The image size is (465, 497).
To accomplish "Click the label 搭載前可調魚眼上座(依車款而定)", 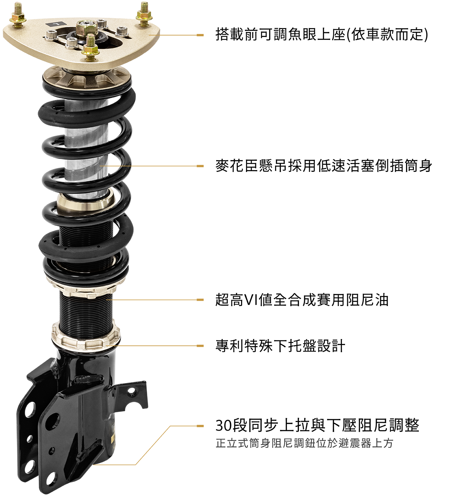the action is pos(322,34).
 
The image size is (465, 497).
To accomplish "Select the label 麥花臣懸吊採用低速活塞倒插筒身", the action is pos(324,166).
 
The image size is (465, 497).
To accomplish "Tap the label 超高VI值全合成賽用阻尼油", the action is pos(302,300).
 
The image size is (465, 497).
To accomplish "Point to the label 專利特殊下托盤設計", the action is pos(280,346).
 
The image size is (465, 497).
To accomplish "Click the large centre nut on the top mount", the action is pos(87,28).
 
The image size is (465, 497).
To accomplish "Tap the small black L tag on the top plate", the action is pos(56,24).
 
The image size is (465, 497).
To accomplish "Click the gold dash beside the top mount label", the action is pos(200,35).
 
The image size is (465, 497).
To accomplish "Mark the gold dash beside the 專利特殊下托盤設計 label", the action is pos(200,346).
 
